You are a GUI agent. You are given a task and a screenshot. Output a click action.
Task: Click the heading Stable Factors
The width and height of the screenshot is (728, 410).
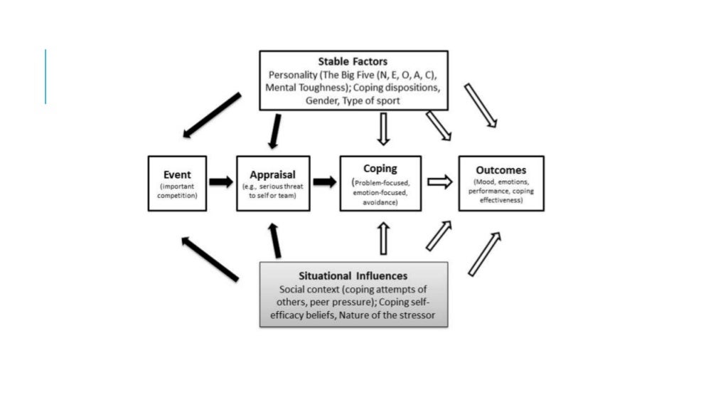click(353, 62)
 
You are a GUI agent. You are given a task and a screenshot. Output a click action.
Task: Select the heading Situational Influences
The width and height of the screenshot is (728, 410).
click(353, 275)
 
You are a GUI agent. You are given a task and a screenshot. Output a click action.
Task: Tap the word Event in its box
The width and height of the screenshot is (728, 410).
click(177, 174)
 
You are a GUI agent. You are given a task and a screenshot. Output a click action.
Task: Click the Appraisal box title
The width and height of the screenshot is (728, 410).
click(273, 174)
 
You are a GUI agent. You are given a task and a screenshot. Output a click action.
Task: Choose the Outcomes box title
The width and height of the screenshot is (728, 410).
click(501, 170)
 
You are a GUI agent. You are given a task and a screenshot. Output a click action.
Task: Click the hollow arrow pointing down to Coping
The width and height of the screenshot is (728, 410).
click(384, 129)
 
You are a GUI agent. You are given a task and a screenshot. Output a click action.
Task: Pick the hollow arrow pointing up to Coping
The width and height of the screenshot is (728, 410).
click(384, 238)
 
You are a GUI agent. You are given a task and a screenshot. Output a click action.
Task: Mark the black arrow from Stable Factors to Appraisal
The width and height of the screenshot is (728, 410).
click(274, 132)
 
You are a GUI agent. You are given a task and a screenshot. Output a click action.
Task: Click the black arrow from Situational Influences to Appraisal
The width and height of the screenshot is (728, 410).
click(274, 239)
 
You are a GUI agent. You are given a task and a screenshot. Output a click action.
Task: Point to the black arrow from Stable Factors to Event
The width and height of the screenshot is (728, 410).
click(212, 115)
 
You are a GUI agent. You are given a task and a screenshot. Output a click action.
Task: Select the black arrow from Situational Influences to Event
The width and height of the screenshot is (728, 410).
click(210, 259)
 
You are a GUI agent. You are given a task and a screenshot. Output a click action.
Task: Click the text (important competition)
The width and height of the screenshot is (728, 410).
click(177, 191)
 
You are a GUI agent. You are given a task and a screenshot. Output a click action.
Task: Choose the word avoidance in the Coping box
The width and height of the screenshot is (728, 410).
click(380, 202)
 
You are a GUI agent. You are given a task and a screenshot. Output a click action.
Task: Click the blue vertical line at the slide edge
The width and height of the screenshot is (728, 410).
click(45, 76)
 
